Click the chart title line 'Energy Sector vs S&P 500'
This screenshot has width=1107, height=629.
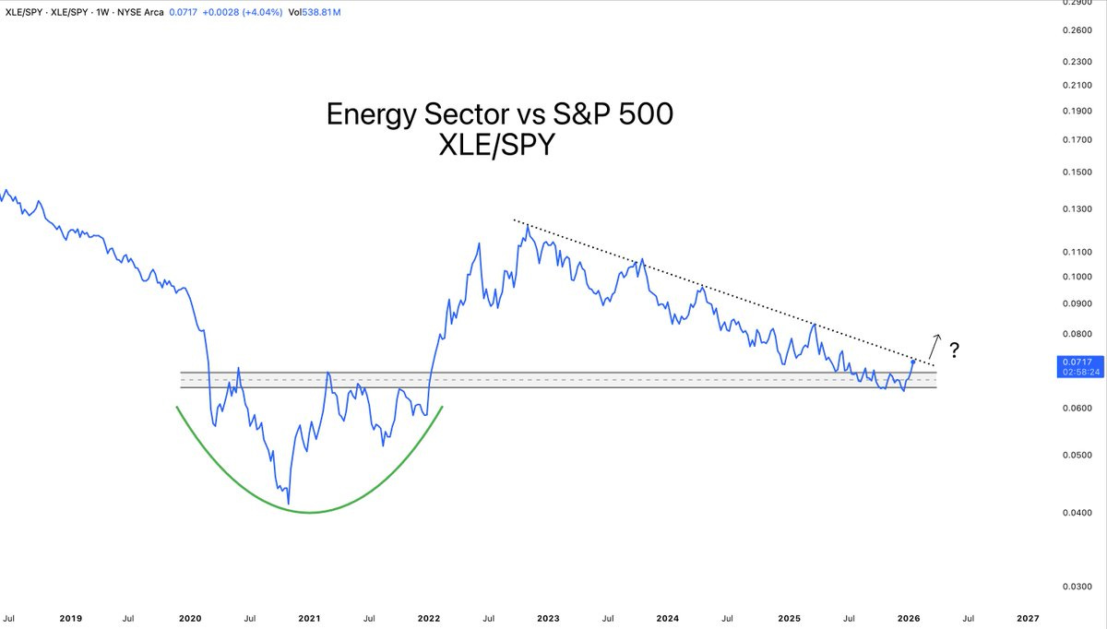500,114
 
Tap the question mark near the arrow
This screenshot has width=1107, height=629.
955,350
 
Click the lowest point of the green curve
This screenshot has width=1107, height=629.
310,512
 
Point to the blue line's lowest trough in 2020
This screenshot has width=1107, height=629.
289,504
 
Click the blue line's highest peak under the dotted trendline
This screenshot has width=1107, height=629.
526,224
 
